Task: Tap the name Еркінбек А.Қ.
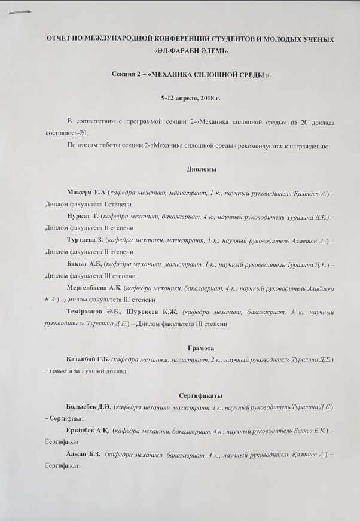pyautogui.click(x=89, y=431)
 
